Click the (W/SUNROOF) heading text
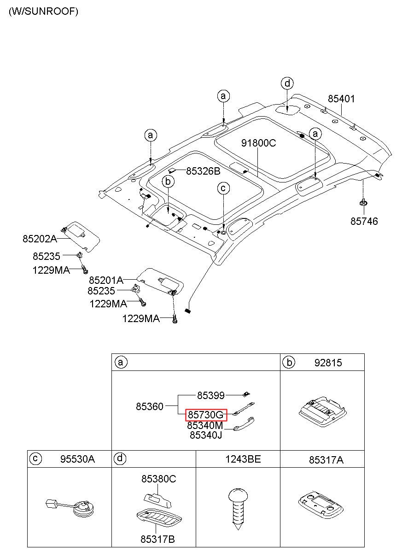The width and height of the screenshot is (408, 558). [43, 12]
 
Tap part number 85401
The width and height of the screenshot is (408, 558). [341, 99]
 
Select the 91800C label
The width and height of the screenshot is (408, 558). [258, 143]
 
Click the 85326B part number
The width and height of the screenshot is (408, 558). [203, 171]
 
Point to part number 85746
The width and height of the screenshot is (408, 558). [364, 221]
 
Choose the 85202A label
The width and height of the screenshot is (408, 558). [40, 239]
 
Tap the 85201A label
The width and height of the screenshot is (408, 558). [106, 280]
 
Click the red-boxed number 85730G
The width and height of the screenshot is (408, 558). [206, 415]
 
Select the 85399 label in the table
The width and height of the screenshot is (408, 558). [211, 395]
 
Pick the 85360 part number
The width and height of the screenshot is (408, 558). [149, 406]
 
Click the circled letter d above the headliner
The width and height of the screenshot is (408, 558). [287, 83]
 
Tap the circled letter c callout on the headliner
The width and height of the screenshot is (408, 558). [223, 188]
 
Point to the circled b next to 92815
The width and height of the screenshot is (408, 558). [289, 362]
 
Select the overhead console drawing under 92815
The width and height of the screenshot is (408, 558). [322, 411]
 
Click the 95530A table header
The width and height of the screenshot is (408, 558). [77, 459]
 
